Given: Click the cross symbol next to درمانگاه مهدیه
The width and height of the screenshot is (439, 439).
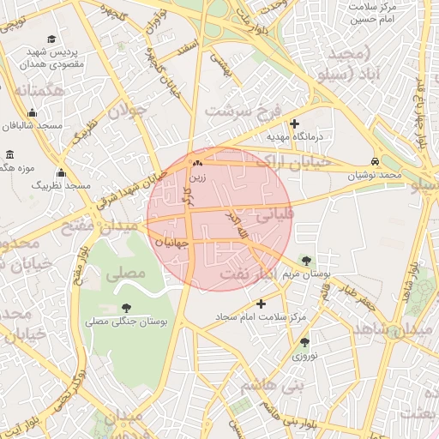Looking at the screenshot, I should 295,123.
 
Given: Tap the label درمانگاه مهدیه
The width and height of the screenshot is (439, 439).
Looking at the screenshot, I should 295,136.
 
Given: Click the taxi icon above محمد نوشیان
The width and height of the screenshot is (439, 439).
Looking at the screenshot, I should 375,162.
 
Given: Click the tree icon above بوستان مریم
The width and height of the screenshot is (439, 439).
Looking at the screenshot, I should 306,261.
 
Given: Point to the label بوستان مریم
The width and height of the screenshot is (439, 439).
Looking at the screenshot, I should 306,274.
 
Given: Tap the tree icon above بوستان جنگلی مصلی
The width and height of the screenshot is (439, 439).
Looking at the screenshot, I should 127,308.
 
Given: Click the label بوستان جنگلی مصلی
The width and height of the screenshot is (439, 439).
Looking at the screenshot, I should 127,322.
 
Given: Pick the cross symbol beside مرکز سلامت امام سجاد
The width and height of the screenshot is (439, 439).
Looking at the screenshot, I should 262,304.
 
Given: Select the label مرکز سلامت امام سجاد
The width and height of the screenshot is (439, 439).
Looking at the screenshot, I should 261,317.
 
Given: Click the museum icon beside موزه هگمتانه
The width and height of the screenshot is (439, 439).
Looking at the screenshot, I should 9,155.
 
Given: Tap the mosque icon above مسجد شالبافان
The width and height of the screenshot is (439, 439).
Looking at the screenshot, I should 33,112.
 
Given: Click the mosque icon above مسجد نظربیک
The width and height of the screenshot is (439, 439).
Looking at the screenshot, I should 61,172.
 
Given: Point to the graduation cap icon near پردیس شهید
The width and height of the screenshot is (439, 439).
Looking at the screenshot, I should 52,39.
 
